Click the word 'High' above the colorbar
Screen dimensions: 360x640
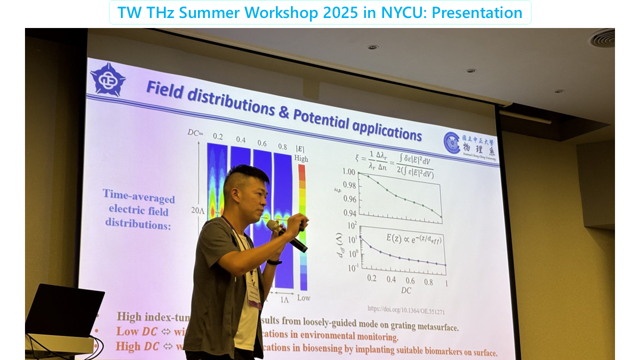(301, 158)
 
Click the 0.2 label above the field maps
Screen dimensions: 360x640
(218, 136)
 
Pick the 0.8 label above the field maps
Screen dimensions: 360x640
(282, 147)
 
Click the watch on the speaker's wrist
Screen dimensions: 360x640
(274, 261)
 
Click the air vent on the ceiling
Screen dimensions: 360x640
(602, 38)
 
